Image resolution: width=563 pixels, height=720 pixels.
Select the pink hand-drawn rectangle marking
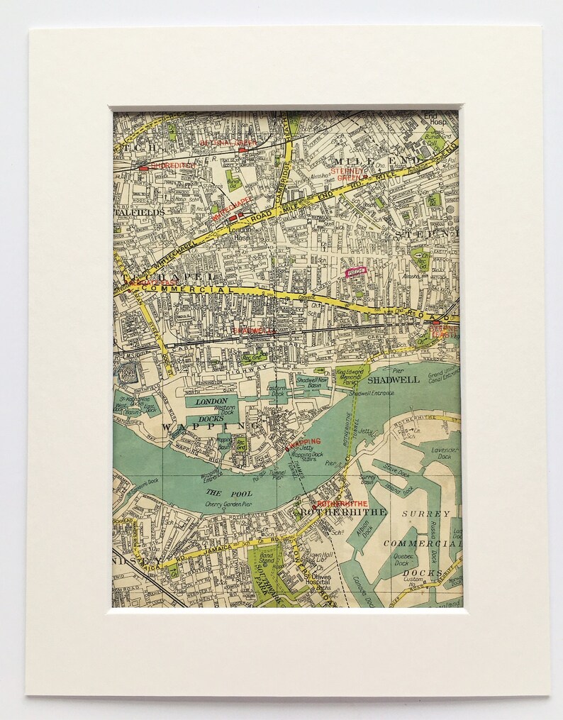click(x=355, y=270)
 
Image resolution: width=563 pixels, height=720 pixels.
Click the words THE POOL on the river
click(x=220, y=492)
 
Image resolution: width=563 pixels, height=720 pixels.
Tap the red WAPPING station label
click(x=303, y=441)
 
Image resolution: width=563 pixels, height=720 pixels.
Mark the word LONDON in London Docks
click(x=211, y=401)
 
